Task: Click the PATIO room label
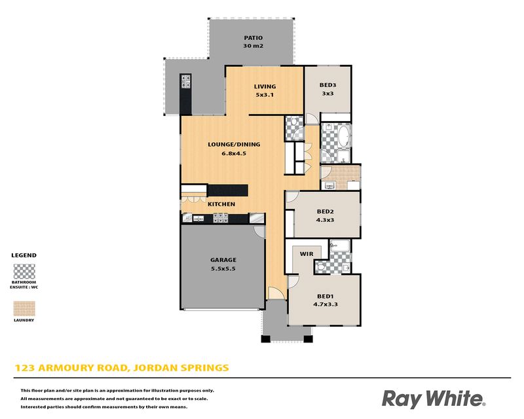tap(253, 38)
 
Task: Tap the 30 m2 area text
tap(253, 46)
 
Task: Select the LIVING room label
tap(265, 86)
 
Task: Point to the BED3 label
tap(327, 85)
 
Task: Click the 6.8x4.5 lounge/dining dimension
tap(234, 154)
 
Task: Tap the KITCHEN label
tap(221, 204)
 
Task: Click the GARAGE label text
tap(223, 260)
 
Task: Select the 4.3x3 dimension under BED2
tap(325, 220)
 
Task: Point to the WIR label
tap(307, 254)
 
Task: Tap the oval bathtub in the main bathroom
tap(344, 136)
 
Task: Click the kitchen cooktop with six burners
tap(221, 218)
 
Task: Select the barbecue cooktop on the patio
tap(186, 82)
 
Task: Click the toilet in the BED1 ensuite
tap(320, 267)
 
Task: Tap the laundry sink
tap(329, 186)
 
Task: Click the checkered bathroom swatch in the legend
tap(24, 271)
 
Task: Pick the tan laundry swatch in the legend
tap(24, 309)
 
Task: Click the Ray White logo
tap(434, 399)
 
